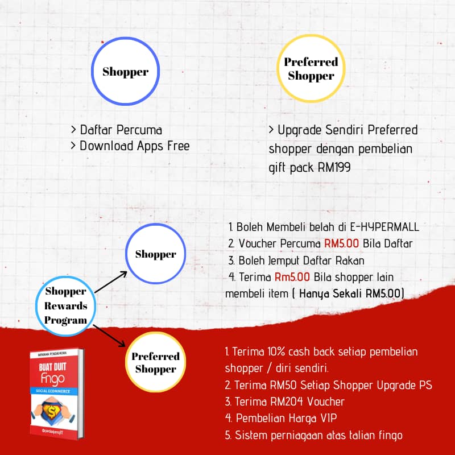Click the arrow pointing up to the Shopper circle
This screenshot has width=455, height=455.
point(111,282)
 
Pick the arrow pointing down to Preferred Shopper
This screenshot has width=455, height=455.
point(109,336)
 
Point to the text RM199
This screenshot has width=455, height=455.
point(334,167)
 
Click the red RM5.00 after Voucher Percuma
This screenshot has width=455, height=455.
point(341,243)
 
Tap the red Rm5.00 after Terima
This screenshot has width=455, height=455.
point(292,277)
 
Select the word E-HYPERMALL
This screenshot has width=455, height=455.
point(384,227)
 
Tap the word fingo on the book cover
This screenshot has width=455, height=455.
point(52,379)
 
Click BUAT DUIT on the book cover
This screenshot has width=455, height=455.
point(52,367)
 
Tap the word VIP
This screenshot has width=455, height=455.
point(329,418)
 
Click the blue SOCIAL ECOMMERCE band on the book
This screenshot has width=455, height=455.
point(53,391)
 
